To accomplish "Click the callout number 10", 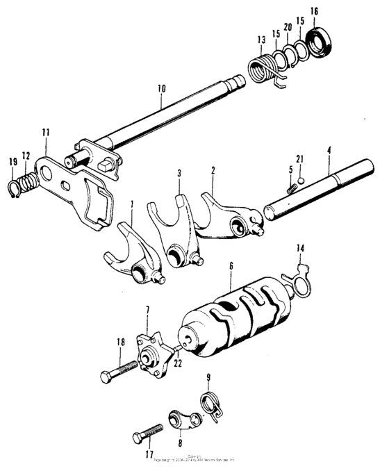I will coord(161,89).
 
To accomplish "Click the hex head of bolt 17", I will coord(138,438).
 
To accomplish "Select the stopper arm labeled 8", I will coord(181,422).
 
